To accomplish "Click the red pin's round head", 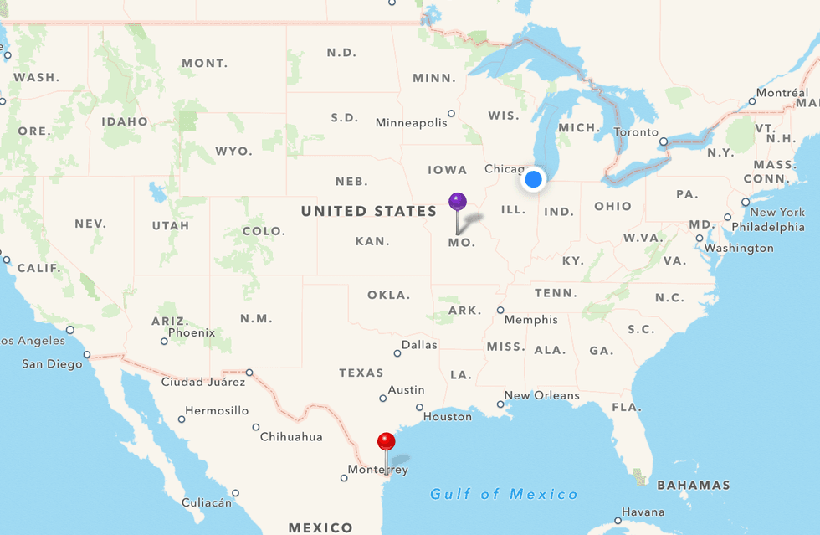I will pyautogui.click(x=386, y=441).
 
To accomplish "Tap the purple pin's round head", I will pyautogui.click(x=457, y=201).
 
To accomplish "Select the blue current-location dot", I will pyautogui.click(x=533, y=178).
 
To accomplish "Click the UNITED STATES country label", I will pyautogui.click(x=369, y=212).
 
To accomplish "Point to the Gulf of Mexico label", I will pyautogui.click(x=505, y=495).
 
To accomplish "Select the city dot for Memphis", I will pyautogui.click(x=500, y=311).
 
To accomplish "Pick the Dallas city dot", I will pyautogui.click(x=397, y=353).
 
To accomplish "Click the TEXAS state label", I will pyautogui.click(x=361, y=373).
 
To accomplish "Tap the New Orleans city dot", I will pyautogui.click(x=500, y=404).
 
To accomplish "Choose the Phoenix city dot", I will pyautogui.click(x=164, y=341).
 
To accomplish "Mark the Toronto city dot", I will pyautogui.click(x=664, y=141).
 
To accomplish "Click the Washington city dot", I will pyautogui.click(x=700, y=239).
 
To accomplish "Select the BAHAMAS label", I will pyautogui.click(x=693, y=485).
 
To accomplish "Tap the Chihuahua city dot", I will pyautogui.click(x=256, y=427).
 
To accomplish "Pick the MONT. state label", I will pyautogui.click(x=204, y=64).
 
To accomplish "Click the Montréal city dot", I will pyautogui.click(x=752, y=101).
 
